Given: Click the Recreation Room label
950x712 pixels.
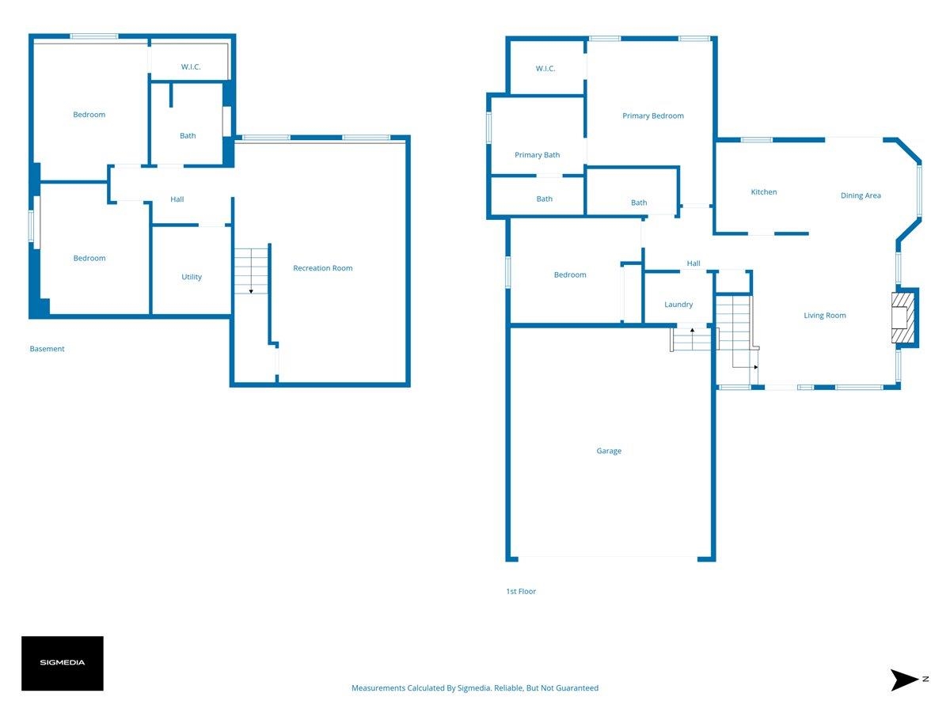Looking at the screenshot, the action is (322, 268).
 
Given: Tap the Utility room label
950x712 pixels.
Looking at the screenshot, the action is (192, 277).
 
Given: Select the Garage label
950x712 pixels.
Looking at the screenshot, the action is (609, 451).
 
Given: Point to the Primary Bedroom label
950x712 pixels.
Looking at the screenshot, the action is (652, 116).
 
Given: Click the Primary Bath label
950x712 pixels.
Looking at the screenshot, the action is (537, 155).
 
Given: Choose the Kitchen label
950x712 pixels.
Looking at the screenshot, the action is (763, 192).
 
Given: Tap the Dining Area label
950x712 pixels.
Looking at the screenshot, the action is (861, 195).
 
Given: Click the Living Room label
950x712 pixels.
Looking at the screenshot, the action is (824, 316).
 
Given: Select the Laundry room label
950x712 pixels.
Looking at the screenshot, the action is (678, 305).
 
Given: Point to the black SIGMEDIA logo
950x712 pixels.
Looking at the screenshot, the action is (63, 663).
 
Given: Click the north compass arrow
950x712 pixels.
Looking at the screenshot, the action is (904, 680).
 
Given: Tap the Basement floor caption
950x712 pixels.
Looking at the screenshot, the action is (47, 349).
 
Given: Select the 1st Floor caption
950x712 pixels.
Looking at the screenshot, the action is (521, 592).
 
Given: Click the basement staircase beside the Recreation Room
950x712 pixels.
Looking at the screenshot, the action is (251, 271).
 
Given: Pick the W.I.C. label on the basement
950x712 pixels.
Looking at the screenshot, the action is (191, 66).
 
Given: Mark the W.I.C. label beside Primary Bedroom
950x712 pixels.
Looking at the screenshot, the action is (545, 68).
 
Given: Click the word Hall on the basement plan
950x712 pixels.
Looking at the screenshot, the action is (177, 199).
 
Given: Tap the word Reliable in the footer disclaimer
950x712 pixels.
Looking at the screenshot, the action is (508, 687).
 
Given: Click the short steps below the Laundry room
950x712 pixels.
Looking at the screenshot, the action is (693, 339).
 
